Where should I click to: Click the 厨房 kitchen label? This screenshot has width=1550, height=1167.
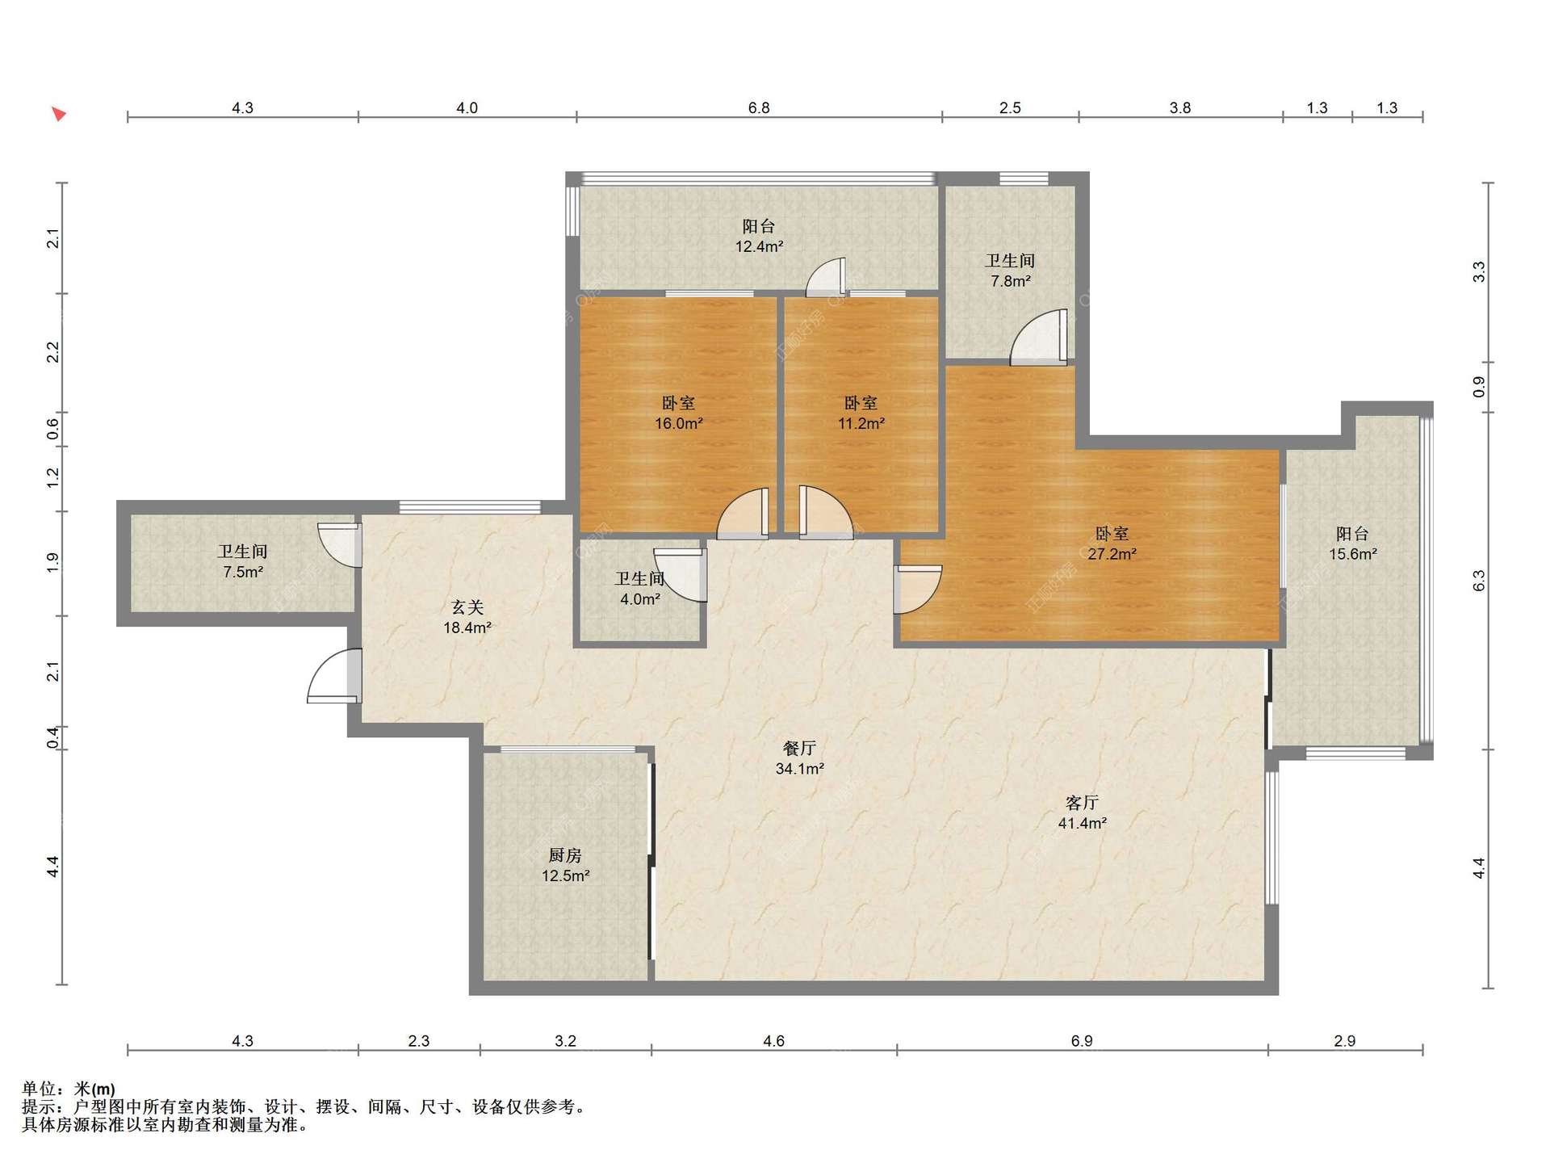[565, 855]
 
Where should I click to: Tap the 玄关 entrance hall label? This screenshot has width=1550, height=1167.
[467, 607]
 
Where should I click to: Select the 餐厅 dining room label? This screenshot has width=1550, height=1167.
[799, 749]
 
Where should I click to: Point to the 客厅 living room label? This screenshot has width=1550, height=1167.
[1082, 803]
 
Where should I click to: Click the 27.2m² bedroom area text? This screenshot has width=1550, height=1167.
[1112, 554]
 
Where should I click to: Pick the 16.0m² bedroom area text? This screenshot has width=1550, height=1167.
[678, 423]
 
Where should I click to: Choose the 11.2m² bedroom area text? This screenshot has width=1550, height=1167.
[861, 423]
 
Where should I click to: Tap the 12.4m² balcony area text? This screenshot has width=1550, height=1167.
[759, 246]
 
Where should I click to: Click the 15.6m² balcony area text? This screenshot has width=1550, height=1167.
[1353, 554]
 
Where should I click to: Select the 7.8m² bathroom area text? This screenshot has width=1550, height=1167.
[1010, 281]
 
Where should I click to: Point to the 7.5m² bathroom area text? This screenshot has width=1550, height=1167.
[243, 572]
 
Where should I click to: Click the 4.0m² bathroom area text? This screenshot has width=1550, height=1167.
[639, 599]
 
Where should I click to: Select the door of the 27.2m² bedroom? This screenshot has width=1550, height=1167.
[917, 590]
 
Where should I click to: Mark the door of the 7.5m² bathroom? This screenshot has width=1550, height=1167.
[340, 546]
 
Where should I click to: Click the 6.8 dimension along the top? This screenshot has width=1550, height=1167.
[759, 108]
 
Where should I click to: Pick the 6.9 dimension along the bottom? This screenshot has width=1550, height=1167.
[1082, 1041]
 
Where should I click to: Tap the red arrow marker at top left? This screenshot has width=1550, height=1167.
[59, 114]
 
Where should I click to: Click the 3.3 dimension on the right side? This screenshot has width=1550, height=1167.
[1479, 271]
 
